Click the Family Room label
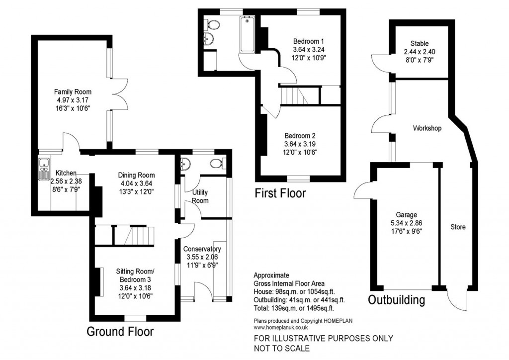(73, 92)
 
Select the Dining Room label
(136, 175)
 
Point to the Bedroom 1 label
(308, 41)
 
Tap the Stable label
(420, 44)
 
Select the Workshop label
(427, 128)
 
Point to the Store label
(458, 227)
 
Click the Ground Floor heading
(120, 332)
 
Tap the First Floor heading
(280, 193)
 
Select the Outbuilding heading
(396, 300)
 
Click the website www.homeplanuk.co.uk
(281, 328)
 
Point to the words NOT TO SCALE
(282, 348)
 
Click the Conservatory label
(202, 249)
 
